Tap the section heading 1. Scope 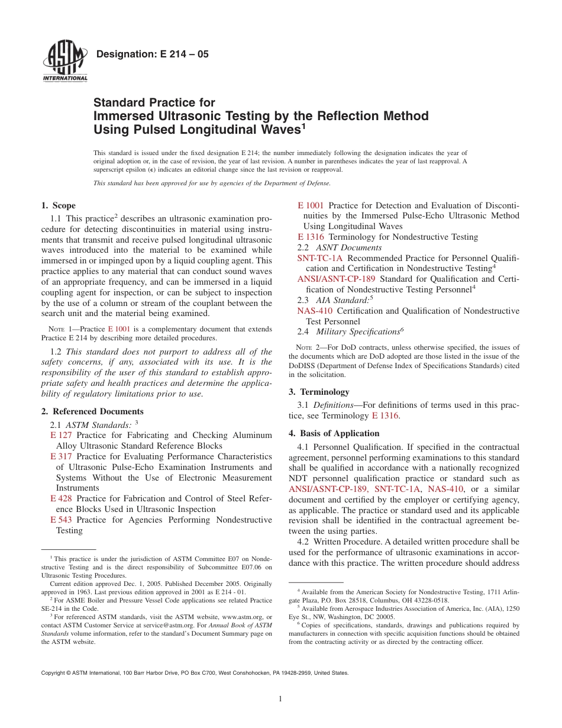pyautogui.click(x=58, y=206)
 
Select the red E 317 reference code pyautogui.click(x=62, y=457)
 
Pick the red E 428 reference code pyautogui.click(x=62, y=499)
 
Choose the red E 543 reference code pyautogui.click(x=62, y=520)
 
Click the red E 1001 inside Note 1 pyautogui.click(x=118, y=328)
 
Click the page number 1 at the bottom pyautogui.click(x=280, y=699)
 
